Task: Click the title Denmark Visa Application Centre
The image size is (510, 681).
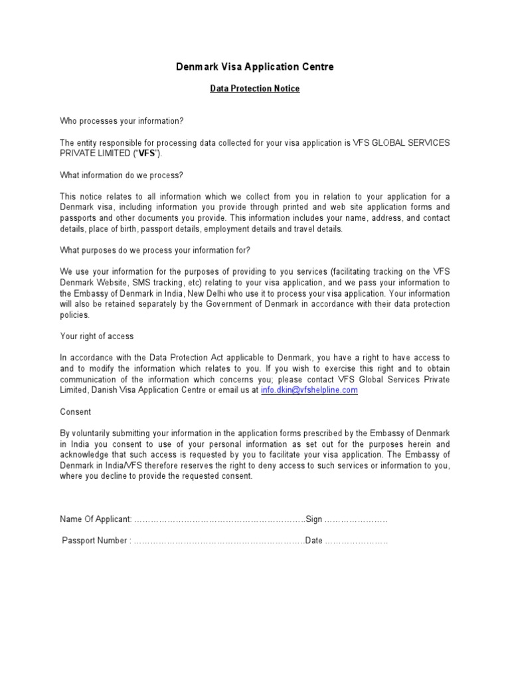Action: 254,67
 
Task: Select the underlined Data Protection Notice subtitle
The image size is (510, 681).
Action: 254,88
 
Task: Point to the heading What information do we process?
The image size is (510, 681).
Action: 121,175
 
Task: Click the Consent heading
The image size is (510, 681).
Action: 74,412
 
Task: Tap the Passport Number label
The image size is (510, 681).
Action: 96,541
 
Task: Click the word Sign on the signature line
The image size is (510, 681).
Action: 313,519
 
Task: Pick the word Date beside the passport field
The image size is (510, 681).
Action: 313,541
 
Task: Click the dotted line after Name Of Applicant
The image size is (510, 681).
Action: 219,519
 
